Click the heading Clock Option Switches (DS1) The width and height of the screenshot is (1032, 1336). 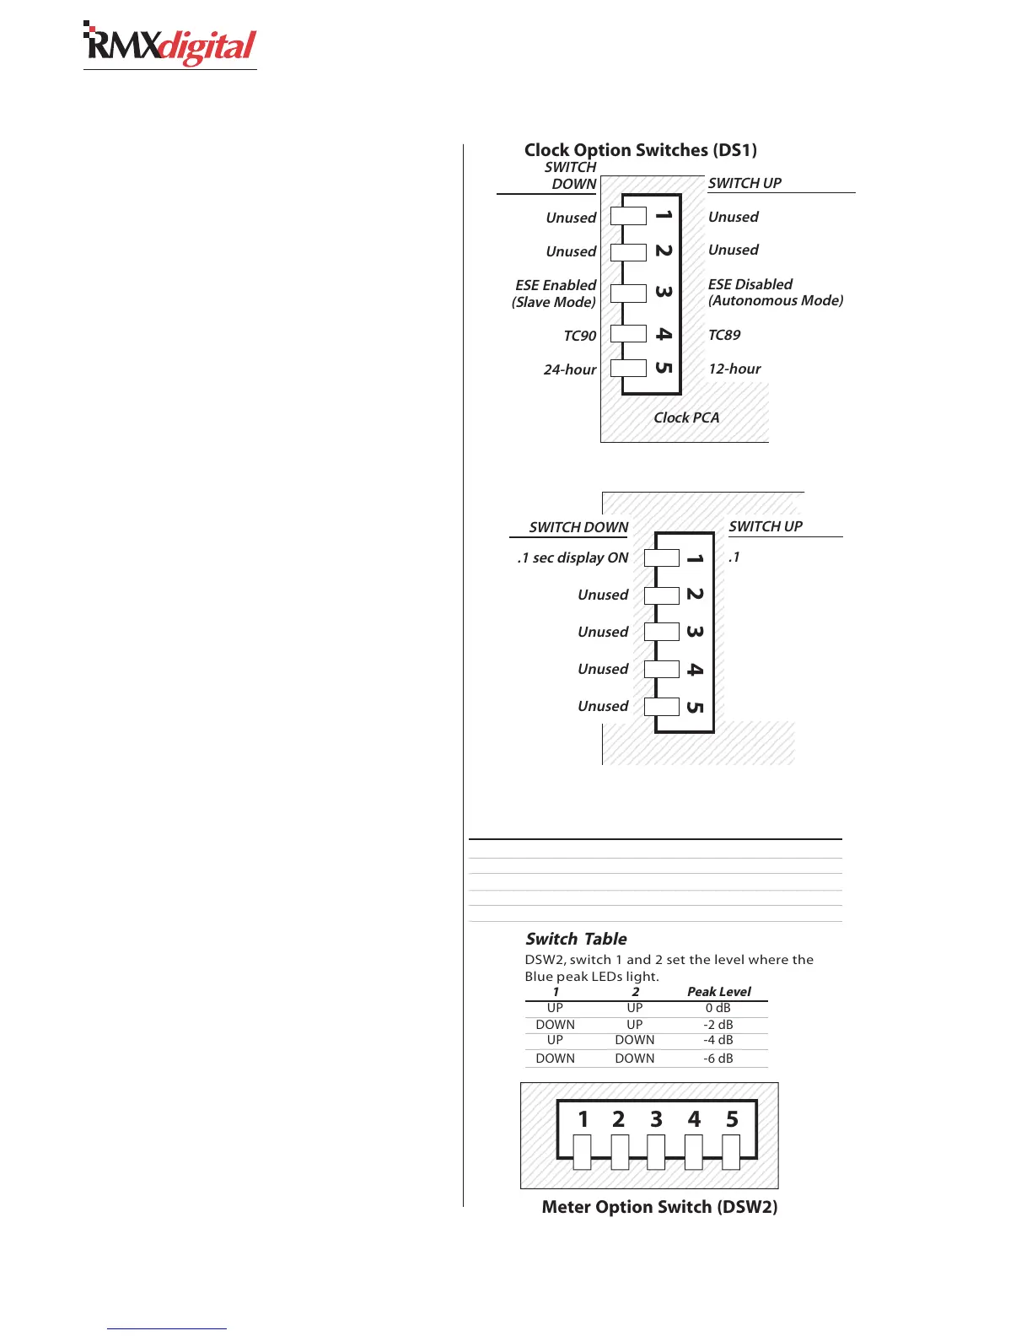pyautogui.click(x=641, y=150)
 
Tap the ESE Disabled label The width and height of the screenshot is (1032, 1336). pyautogui.click(x=750, y=284)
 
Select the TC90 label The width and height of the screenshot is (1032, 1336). pyautogui.click(x=580, y=336)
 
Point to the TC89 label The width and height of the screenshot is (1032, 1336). pyautogui.click(x=724, y=335)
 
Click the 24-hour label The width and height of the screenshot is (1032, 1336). pyautogui.click(x=570, y=369)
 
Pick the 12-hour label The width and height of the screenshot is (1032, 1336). pyautogui.click(x=734, y=369)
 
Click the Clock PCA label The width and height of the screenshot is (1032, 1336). pyautogui.click(x=686, y=417)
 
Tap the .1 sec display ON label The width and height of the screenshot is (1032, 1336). pyautogui.click(x=573, y=558)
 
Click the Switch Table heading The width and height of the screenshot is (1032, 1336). pyautogui.click(x=577, y=939)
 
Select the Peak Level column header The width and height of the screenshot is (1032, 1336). pyautogui.click(x=718, y=992)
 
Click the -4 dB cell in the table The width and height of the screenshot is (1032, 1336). pyautogui.click(x=718, y=1040)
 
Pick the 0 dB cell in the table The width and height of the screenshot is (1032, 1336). pyautogui.click(x=718, y=1008)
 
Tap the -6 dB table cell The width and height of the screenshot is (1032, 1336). pyautogui.click(x=718, y=1059)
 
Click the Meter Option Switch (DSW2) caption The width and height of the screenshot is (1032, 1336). pyautogui.click(x=659, y=1207)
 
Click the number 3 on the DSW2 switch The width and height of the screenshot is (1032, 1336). pyautogui.click(x=656, y=1119)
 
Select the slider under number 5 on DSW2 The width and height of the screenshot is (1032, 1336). pyautogui.click(x=731, y=1152)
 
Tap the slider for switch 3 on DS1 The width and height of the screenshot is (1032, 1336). pyautogui.click(x=628, y=294)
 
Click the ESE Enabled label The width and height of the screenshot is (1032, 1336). pyautogui.click(x=556, y=285)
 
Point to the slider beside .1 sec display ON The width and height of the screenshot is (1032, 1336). pyautogui.click(x=662, y=558)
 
